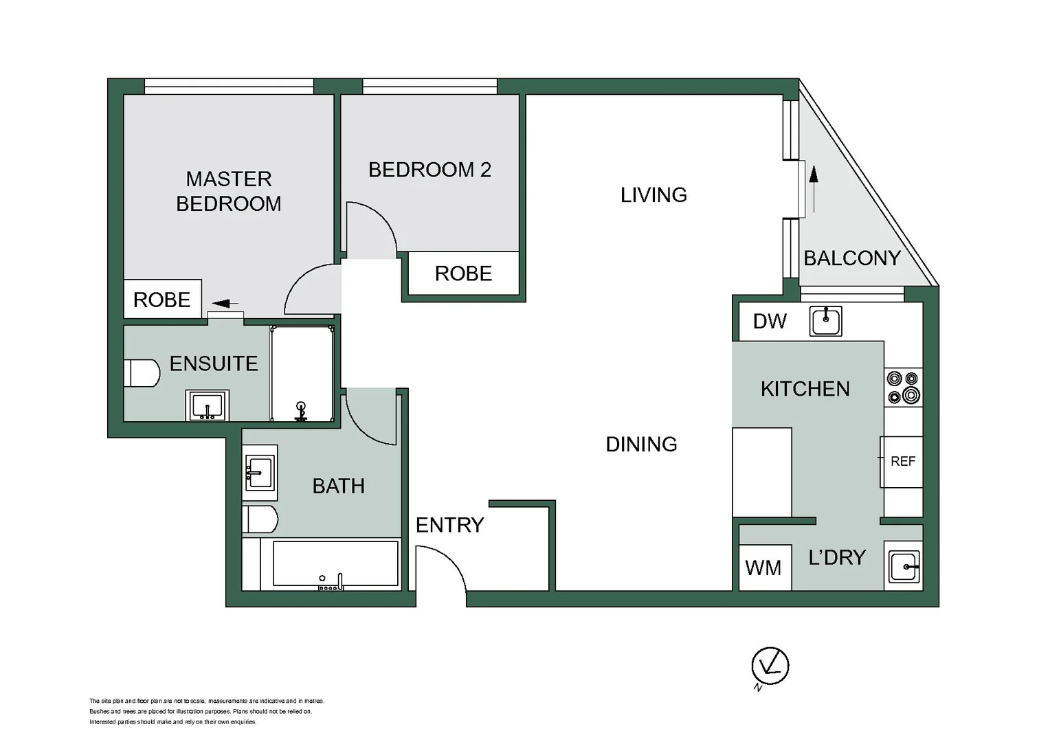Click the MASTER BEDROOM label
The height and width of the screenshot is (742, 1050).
click(229, 191)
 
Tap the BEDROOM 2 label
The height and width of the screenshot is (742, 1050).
click(429, 170)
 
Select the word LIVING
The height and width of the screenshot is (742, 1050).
click(654, 195)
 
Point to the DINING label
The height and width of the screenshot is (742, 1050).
click(641, 445)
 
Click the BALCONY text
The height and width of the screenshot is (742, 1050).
click(852, 258)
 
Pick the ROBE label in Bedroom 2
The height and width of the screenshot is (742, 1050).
click(463, 273)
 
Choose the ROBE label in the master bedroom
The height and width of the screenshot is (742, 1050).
click(161, 300)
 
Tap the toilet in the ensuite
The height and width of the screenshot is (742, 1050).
click(142, 373)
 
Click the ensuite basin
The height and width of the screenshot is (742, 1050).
click(207, 405)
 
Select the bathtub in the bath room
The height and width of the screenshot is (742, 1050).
click(336, 564)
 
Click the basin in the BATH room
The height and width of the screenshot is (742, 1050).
click(260, 473)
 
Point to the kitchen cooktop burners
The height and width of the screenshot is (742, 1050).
click(903, 387)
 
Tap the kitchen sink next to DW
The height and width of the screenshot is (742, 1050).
click(825, 320)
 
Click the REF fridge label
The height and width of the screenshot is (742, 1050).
click(902, 462)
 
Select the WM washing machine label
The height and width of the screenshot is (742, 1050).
click(763, 568)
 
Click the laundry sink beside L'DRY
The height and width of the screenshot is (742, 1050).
click(904, 567)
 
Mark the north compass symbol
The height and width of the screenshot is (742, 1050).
click(770, 666)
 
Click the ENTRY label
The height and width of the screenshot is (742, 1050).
click(449, 525)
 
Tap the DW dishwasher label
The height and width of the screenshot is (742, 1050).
click(769, 322)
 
